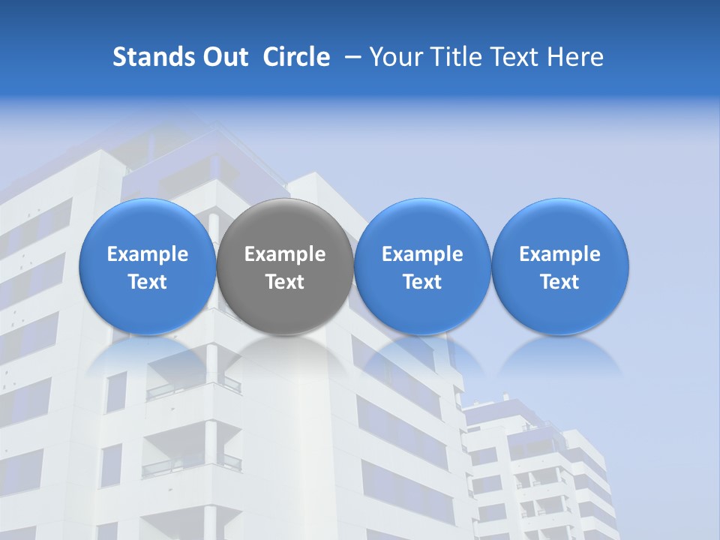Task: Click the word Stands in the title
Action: tap(148, 57)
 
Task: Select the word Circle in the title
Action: tap(296, 57)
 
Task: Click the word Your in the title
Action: tap(394, 57)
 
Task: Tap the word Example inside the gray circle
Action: tap(285, 254)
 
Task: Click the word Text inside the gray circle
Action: tap(285, 282)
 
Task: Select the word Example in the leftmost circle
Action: tap(147, 254)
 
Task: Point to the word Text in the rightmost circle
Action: tap(560, 282)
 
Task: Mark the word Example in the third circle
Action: tap(422, 254)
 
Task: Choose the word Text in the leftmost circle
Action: tap(147, 282)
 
